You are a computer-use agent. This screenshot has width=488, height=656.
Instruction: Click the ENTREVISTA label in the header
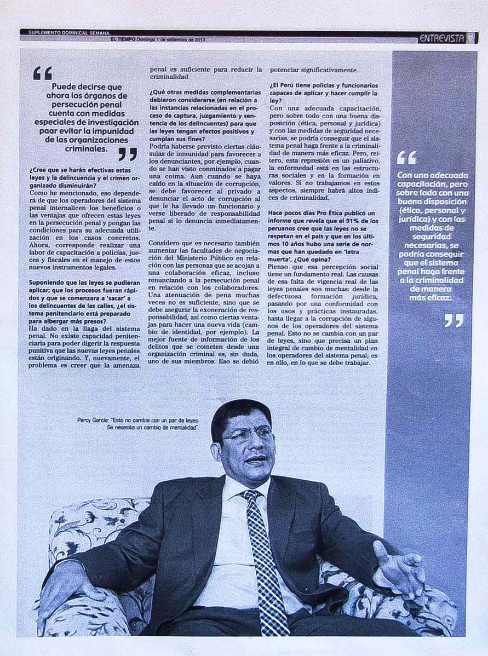click(441, 38)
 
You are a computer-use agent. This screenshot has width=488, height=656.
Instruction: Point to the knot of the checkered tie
click(252, 497)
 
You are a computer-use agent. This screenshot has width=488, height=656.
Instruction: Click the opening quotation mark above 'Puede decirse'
click(42, 73)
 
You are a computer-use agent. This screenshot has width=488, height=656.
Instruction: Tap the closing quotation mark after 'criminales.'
click(127, 154)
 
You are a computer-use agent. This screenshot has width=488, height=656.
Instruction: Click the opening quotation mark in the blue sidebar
click(406, 158)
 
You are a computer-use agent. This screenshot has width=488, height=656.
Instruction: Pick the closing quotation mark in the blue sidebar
click(453, 320)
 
